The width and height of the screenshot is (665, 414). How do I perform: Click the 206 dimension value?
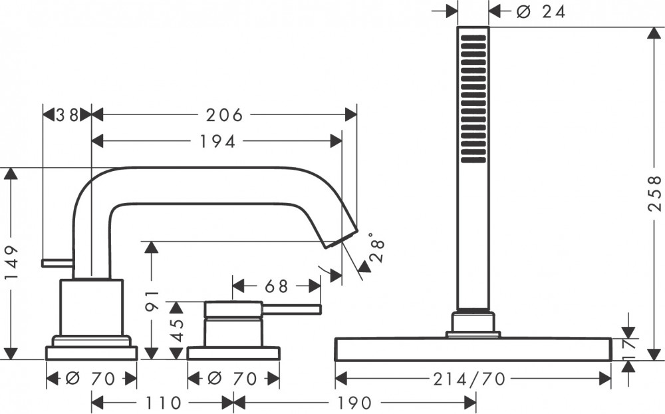[224, 114]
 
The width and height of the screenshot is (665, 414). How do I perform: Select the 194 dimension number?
[217, 141]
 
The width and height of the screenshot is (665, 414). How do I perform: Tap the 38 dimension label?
[67, 114]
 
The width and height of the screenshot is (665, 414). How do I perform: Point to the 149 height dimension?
[12, 263]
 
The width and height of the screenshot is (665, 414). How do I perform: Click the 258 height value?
[655, 193]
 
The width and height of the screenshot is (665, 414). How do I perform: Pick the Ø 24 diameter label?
[541, 11]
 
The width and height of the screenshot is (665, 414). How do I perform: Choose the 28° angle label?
[376, 247]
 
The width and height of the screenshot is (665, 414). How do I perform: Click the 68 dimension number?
[276, 286]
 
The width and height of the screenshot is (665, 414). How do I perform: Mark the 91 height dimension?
[152, 300]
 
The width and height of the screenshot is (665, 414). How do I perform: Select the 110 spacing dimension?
[164, 402]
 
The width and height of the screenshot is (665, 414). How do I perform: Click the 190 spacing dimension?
[354, 402]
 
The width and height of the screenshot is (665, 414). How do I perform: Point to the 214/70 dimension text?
[469, 379]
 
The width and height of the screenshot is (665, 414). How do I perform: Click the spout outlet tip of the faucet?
[341, 239]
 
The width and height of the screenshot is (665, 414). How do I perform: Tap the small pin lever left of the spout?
[58, 263]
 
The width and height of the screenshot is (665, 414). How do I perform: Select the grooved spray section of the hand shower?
[473, 99]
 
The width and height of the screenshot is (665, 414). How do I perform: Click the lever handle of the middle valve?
[291, 310]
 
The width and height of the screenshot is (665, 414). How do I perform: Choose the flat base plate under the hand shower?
[473, 349]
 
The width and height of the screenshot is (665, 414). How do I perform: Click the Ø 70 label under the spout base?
[90, 379]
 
